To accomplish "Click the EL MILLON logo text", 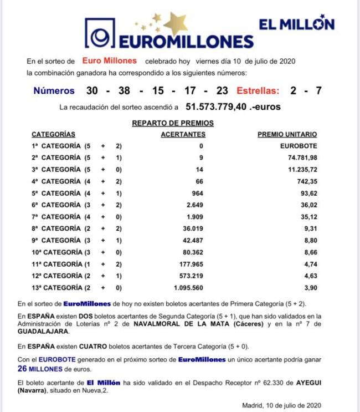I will click(x=296, y=24).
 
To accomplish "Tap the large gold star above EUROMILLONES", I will click(x=176, y=23).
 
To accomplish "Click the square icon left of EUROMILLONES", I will click(x=100, y=34).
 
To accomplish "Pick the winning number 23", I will click(x=222, y=91).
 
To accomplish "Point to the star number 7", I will click(x=318, y=91).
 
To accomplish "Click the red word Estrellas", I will click(x=258, y=91).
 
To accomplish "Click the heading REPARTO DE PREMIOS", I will click(x=172, y=123).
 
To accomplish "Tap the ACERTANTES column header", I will click(x=183, y=134).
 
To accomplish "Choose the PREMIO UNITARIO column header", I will click(x=287, y=134).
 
